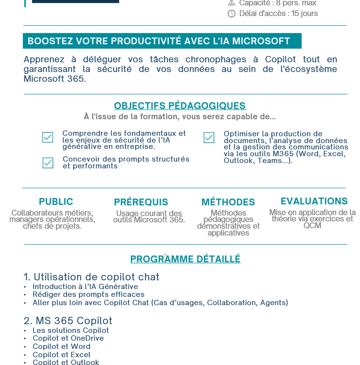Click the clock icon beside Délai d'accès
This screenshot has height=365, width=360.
click(x=232, y=14)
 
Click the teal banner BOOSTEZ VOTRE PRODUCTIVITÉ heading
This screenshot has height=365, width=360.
click(x=162, y=41)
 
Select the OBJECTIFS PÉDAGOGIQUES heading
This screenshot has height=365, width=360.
click(x=180, y=106)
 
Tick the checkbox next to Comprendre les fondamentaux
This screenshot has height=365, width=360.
click(x=48, y=138)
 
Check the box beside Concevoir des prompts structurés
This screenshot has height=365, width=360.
click(x=48, y=163)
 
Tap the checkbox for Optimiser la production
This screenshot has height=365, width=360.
click(x=209, y=138)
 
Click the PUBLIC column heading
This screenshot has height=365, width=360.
click(x=56, y=201)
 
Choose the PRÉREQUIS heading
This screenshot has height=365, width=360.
click(x=141, y=202)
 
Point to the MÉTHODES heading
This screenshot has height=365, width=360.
click(x=228, y=202)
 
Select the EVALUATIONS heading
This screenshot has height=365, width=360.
click(x=314, y=201)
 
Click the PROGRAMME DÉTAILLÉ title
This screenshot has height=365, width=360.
click(x=185, y=259)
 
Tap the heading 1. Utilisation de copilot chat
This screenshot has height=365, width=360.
click(x=91, y=277)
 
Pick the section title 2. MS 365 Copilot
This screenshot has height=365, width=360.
click(x=68, y=321)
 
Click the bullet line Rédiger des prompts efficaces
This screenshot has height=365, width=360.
click(x=89, y=294)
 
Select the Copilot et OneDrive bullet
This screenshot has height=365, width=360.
click(x=68, y=338)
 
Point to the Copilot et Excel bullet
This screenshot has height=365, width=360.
click(x=61, y=355)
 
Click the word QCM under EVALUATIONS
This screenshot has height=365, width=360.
click(x=312, y=226)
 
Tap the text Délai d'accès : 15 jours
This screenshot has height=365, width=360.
click(x=278, y=14)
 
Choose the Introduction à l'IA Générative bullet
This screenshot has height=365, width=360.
click(x=85, y=287)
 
